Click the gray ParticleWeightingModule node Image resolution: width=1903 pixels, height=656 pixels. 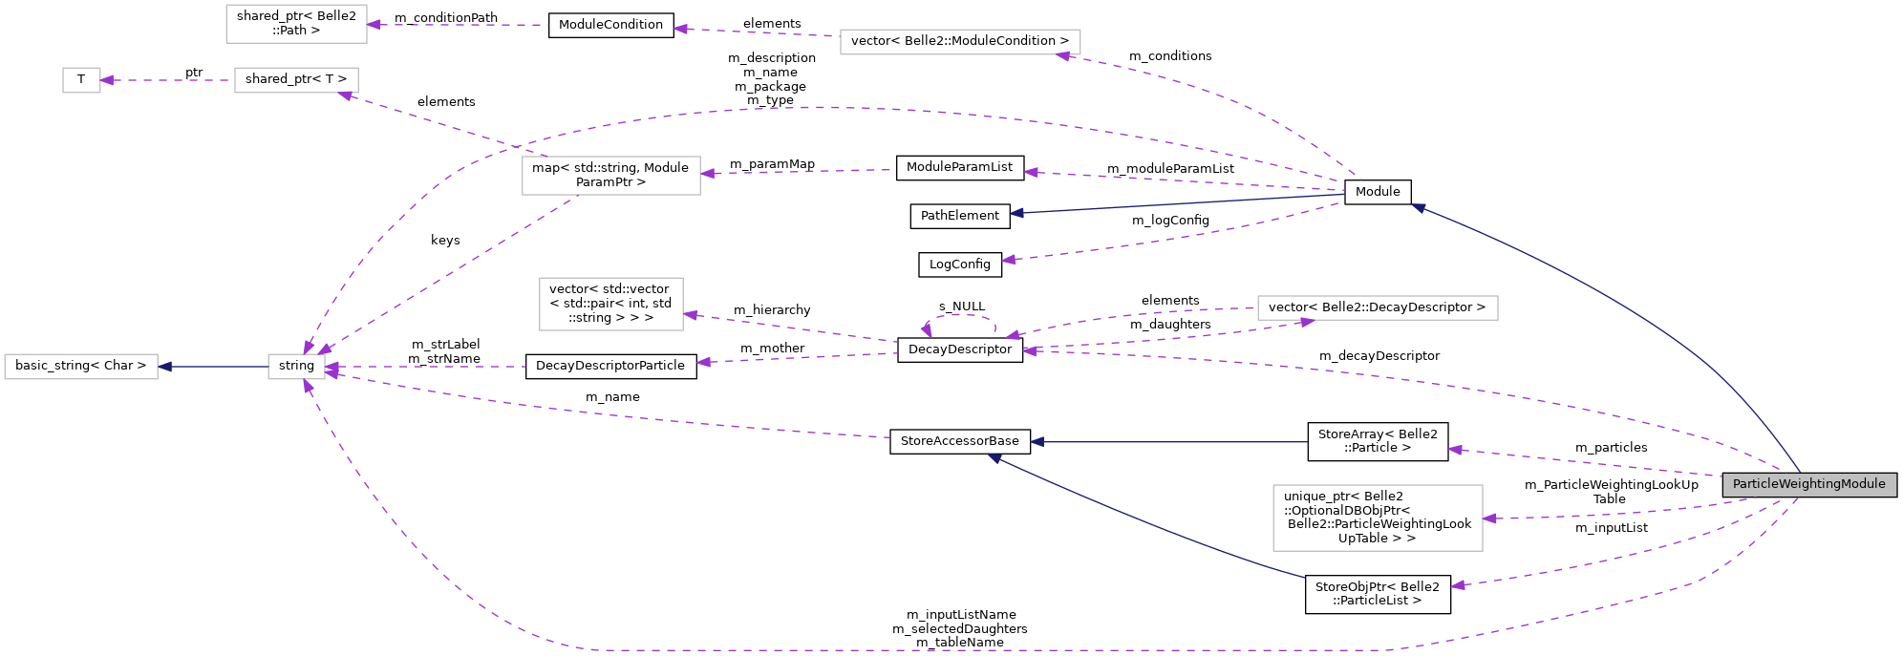(1809, 484)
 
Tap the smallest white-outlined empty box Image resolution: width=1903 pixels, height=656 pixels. (81, 80)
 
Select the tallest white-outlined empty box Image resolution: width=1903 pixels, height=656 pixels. (1377, 518)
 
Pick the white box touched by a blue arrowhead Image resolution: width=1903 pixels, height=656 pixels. (81, 367)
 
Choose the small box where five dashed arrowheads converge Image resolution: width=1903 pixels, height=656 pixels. (296, 367)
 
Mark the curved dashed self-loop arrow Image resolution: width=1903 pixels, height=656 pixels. (959, 316)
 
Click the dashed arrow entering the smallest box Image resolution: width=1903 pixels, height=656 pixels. (167, 80)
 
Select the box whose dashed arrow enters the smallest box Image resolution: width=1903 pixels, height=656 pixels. (296, 80)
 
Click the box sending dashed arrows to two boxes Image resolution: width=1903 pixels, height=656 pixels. (610, 176)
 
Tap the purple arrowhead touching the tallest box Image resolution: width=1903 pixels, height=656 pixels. (1490, 518)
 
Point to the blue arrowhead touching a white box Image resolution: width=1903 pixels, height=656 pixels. (165, 367)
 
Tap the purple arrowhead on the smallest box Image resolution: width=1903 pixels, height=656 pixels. (107, 80)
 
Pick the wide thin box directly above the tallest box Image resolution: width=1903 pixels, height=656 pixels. (1377, 307)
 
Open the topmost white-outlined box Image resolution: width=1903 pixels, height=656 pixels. (296, 24)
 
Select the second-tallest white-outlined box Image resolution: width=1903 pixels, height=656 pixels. (610, 304)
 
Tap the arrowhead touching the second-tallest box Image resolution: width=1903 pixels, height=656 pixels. (691, 314)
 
